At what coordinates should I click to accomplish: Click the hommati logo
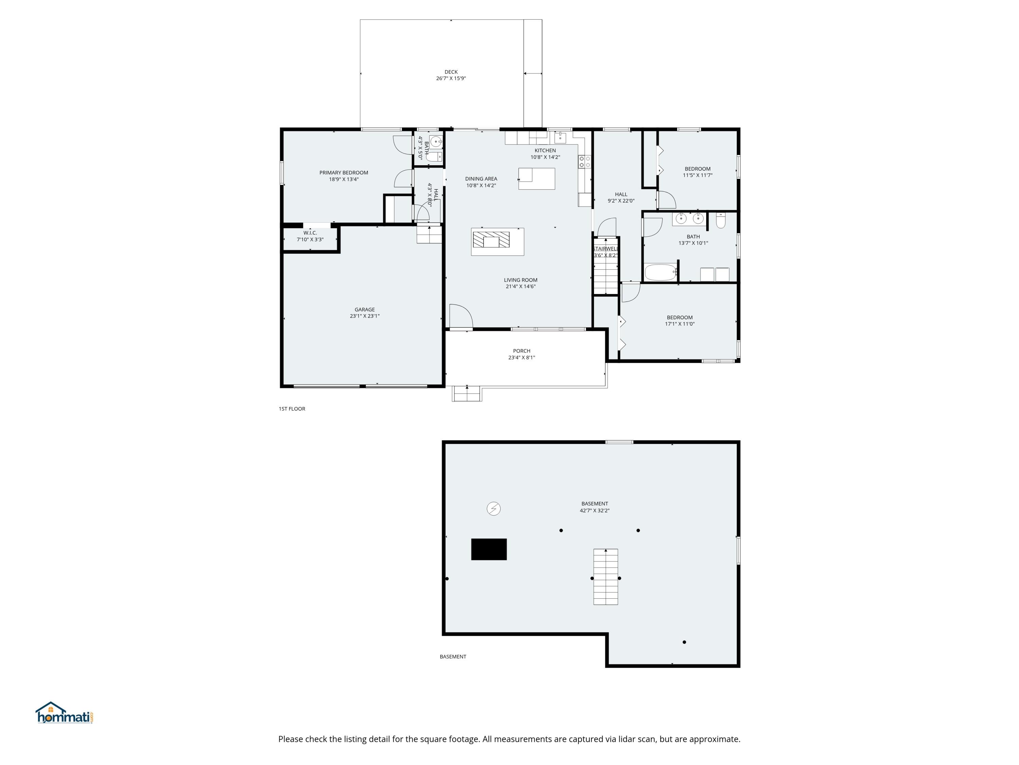coord(65,713)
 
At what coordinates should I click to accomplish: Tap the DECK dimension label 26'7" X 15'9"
coord(451,79)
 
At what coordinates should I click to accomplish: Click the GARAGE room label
coord(364,310)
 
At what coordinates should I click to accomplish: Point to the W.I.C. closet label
coord(310,233)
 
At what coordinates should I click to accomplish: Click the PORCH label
coord(521,351)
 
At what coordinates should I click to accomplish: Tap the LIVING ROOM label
coord(521,280)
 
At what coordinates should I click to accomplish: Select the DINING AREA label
coord(481,179)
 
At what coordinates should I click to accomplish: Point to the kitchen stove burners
coord(585,162)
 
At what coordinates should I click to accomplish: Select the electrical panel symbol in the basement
coord(494,509)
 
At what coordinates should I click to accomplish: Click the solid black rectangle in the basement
coord(489,549)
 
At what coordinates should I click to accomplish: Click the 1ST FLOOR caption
coord(291,409)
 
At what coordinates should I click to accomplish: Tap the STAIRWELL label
coord(605,249)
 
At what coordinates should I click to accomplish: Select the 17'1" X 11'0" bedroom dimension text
coord(679,324)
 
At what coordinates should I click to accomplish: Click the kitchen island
coord(537,178)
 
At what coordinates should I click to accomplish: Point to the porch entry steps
coord(467,394)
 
